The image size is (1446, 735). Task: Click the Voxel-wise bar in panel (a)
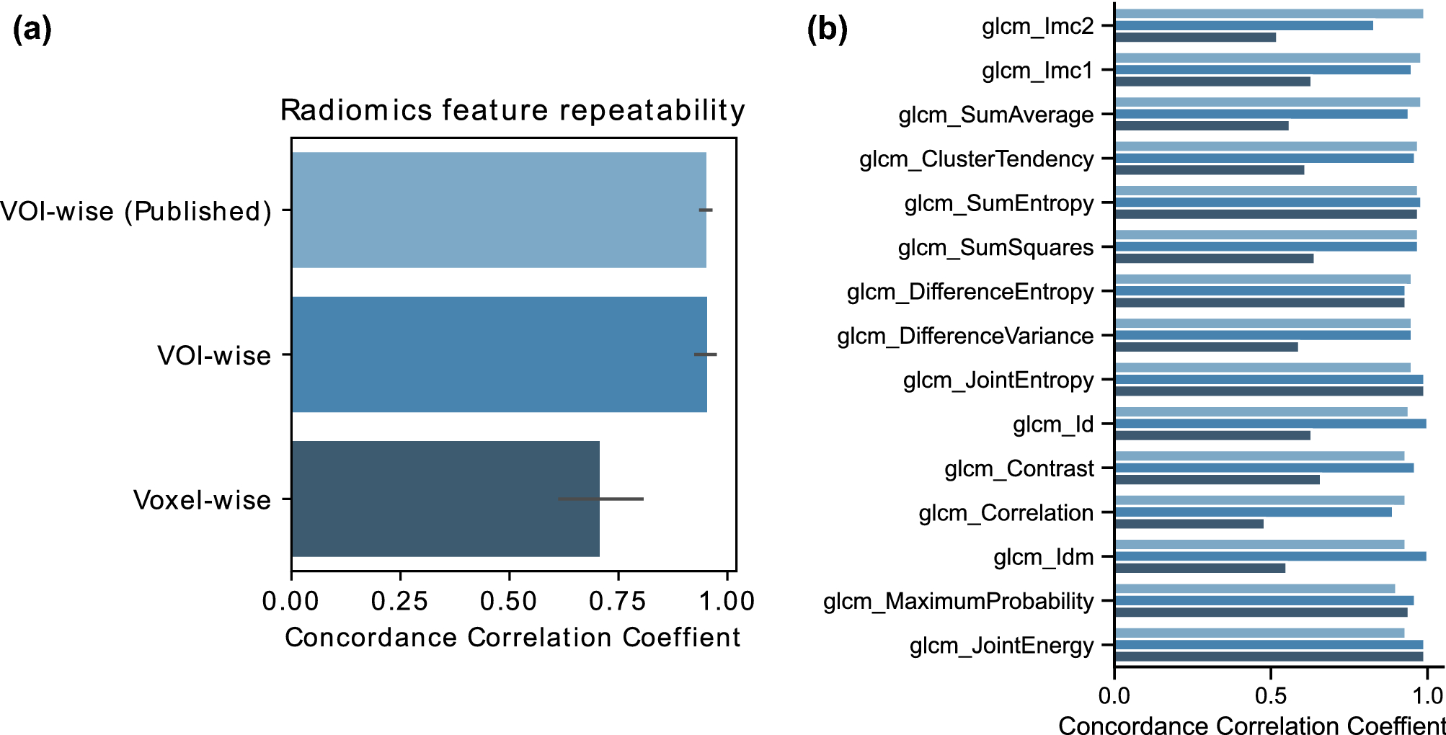pos(445,499)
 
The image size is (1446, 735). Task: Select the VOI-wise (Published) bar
pos(499,210)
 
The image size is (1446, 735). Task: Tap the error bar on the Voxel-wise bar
pos(600,499)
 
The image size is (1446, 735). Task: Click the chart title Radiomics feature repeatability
pos(513,111)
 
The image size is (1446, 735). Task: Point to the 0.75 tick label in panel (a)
pos(618,601)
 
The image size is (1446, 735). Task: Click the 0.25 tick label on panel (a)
pos(400,601)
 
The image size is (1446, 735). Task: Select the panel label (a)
pos(32,30)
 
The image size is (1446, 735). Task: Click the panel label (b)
pos(827,30)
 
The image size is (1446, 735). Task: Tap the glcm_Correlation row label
pos(1006,513)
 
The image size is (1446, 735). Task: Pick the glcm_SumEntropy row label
pos(999,203)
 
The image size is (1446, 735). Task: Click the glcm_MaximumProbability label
pos(958,601)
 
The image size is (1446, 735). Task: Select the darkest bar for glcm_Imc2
pos(1195,37)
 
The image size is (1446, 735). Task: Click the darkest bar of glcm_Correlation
pos(1189,524)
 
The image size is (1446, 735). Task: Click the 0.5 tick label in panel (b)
pos(1270,696)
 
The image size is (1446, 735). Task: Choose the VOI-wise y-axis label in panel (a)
pos(214,355)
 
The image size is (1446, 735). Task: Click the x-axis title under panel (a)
pos(513,638)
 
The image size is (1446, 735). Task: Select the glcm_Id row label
pos(1053,424)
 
